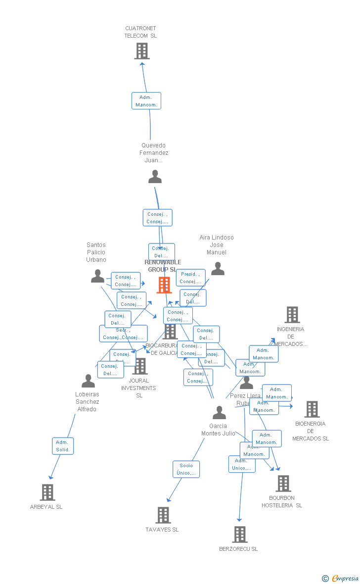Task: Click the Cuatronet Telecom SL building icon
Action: click(x=142, y=51)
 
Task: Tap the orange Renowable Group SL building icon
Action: click(x=164, y=285)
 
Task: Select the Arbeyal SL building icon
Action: click(x=47, y=492)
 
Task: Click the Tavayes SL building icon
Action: click(x=163, y=515)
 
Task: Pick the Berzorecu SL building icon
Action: click(x=240, y=535)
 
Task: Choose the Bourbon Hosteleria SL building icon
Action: click(x=283, y=484)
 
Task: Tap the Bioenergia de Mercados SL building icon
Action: click(x=312, y=409)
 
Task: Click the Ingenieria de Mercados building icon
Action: click(x=292, y=315)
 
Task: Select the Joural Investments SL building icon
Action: click(x=140, y=366)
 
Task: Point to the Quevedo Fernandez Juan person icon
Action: click(x=155, y=177)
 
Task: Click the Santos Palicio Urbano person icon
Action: click(x=97, y=276)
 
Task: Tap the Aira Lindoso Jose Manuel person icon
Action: click(x=218, y=269)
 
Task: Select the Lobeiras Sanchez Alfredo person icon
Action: click(x=88, y=381)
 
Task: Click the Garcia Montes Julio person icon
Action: click(x=219, y=412)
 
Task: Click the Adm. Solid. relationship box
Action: click(x=63, y=446)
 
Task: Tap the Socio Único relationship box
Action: click(x=186, y=469)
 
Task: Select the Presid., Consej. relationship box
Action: click(x=190, y=278)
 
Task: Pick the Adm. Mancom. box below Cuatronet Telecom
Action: click(x=146, y=101)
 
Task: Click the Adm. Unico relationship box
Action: click(x=242, y=464)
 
